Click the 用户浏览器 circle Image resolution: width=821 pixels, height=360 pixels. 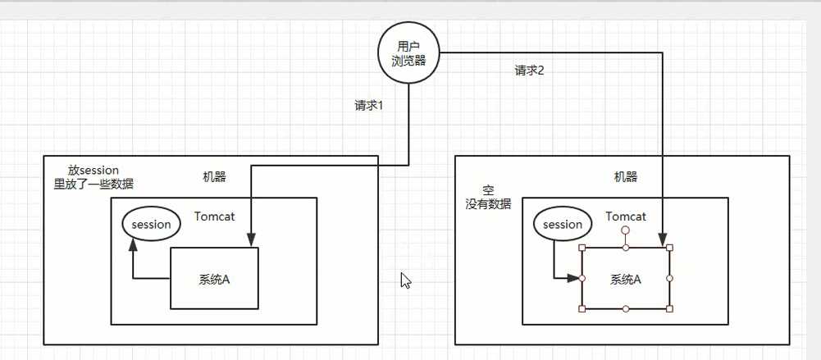[408, 53]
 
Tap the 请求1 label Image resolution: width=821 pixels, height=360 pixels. [369, 105]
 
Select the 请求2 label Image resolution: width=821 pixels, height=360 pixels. [529, 71]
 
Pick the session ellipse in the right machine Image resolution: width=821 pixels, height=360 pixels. [563, 224]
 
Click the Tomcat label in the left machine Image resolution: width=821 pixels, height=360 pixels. [215, 216]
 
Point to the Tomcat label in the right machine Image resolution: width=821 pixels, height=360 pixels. [626, 216]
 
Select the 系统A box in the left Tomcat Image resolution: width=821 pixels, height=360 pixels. [214, 278]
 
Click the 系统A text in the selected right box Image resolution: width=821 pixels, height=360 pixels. [625, 279]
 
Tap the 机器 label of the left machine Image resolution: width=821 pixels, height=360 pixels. [214, 176]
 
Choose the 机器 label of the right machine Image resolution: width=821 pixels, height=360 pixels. [625, 176]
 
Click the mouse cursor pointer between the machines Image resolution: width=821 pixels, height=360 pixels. [404, 280]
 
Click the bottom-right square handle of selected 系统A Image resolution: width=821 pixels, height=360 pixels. [669, 309]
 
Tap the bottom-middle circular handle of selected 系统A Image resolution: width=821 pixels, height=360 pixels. [626, 309]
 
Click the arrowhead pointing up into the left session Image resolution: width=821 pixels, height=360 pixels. [133, 244]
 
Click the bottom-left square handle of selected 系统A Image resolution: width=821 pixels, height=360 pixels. [582, 309]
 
